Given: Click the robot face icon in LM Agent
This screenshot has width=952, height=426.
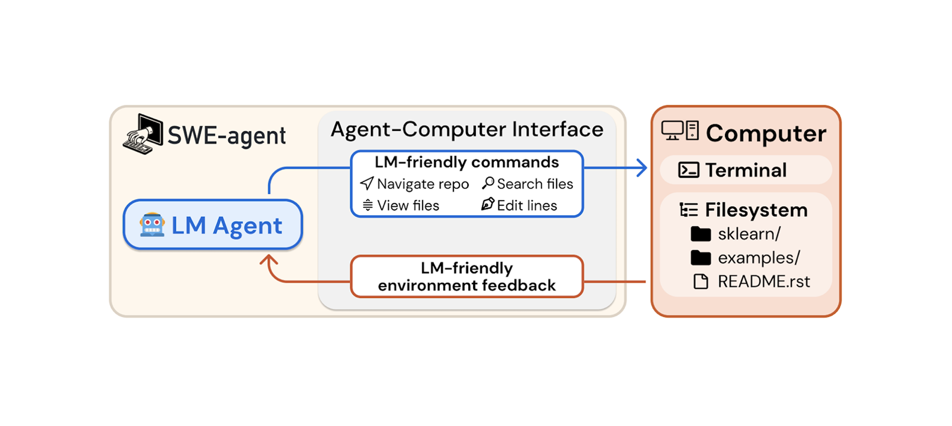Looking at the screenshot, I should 152,225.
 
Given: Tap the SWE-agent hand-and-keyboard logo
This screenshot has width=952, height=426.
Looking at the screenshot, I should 143,134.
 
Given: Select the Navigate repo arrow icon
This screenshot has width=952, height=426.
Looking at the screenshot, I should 367,184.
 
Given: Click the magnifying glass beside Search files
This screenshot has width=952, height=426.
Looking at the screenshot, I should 488,183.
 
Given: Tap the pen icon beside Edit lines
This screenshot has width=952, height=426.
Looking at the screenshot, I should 488,204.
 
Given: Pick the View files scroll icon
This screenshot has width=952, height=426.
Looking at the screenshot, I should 368,205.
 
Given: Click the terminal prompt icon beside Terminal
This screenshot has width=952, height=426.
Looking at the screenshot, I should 688,170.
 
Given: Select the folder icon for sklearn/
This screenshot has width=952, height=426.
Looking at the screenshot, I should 701,234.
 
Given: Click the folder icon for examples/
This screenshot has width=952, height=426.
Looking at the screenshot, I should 701,258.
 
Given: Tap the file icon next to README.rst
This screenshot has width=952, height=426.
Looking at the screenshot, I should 701,282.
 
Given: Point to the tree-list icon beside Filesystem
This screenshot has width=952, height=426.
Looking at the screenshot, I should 688,210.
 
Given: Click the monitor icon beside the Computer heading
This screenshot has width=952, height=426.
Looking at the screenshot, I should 672,130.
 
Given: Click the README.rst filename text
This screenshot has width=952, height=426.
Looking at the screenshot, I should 764,282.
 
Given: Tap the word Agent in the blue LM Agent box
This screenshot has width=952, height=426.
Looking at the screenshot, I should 247,226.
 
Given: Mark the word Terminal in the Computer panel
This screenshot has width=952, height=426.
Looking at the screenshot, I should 746,170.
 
